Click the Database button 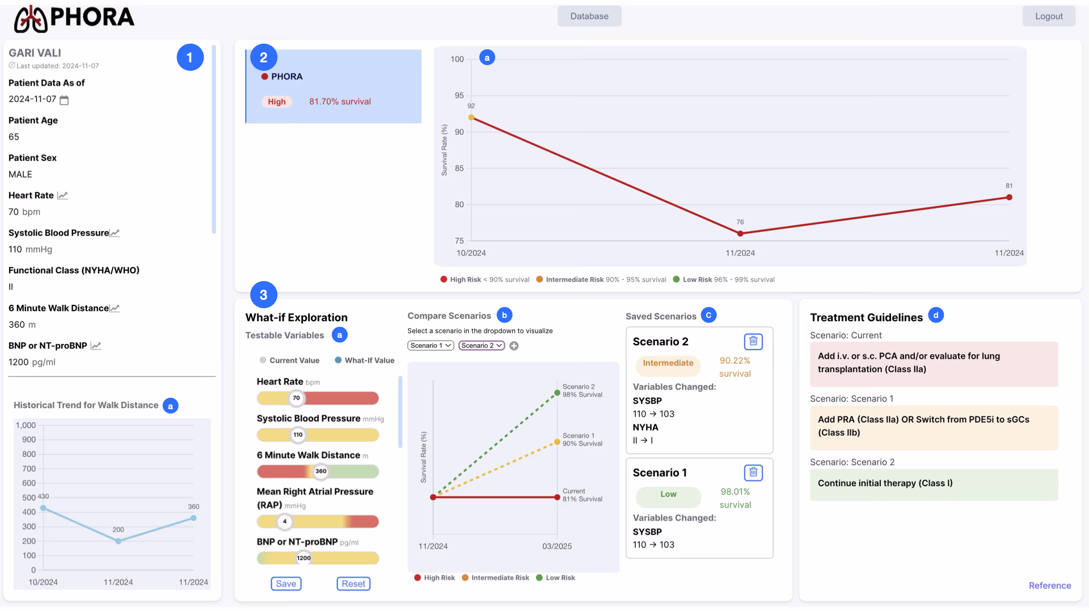click(589, 16)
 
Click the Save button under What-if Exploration click(286, 584)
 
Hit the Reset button click(353, 584)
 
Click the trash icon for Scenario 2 click(753, 341)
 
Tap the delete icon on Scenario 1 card click(753, 472)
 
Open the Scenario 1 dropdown click(430, 346)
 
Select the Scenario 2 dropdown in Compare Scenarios click(482, 346)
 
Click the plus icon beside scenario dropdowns click(514, 346)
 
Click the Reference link click(1050, 585)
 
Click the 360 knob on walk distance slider click(321, 471)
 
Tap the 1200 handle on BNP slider click(304, 558)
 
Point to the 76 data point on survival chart click(740, 233)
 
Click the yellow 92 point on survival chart click(471, 118)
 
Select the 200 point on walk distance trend click(118, 541)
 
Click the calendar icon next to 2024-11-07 click(64, 100)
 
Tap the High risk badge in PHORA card click(277, 101)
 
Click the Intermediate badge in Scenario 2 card click(668, 363)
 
